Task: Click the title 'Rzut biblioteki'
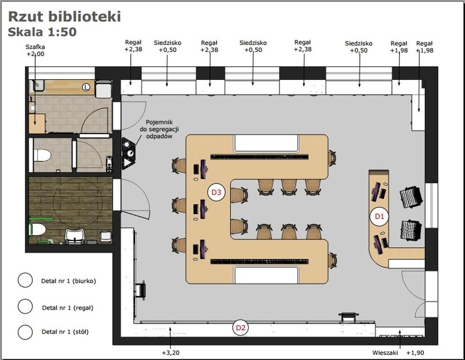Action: pyautogui.click(x=64, y=16)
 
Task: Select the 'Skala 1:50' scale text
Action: pyautogui.click(x=42, y=32)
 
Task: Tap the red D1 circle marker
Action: pyautogui.click(x=379, y=217)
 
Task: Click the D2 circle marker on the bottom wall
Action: pyautogui.click(x=241, y=327)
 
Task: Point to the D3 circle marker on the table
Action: pyautogui.click(x=216, y=192)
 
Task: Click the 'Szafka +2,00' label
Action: pyautogui.click(x=35, y=50)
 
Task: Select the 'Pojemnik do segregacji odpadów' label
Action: pyautogui.click(x=159, y=129)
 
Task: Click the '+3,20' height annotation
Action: pyautogui.click(x=170, y=352)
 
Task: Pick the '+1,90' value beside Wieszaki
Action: pyautogui.click(x=415, y=352)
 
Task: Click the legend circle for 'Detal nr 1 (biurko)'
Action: pyautogui.click(x=25, y=280)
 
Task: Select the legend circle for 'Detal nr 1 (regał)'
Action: pyautogui.click(x=25, y=307)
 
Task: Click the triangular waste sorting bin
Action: pyautogui.click(x=129, y=154)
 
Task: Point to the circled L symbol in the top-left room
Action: pyautogui.click(x=86, y=88)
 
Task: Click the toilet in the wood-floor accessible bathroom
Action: pyautogui.click(x=38, y=230)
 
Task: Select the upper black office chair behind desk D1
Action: pyautogui.click(x=411, y=198)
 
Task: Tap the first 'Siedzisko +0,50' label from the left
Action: pyautogui.click(x=167, y=46)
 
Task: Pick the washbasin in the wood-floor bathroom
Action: pyautogui.click(x=75, y=236)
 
